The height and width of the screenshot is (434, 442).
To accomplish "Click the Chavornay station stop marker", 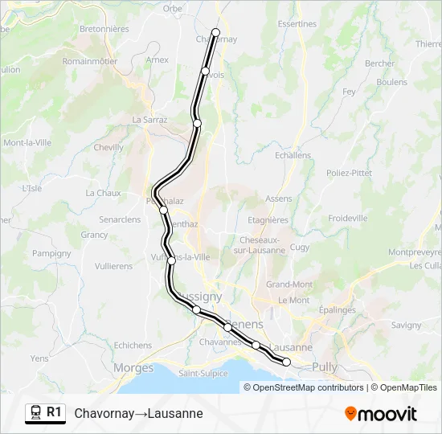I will click(215, 32).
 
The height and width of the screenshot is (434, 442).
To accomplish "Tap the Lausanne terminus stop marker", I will click(286, 362).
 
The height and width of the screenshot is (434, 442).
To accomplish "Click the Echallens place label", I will click(293, 155).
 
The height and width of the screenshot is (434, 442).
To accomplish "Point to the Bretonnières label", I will click(104, 29).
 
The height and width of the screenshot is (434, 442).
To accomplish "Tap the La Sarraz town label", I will click(149, 120).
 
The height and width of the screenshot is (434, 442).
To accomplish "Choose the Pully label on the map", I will click(325, 367).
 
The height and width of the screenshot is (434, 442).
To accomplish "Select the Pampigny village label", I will click(51, 252).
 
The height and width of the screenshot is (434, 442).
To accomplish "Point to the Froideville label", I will click(348, 218).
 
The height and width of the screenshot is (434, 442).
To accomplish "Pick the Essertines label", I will click(297, 24).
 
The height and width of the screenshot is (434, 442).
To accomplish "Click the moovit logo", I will click(381, 414).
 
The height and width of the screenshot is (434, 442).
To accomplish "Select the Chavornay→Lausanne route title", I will click(138, 413).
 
